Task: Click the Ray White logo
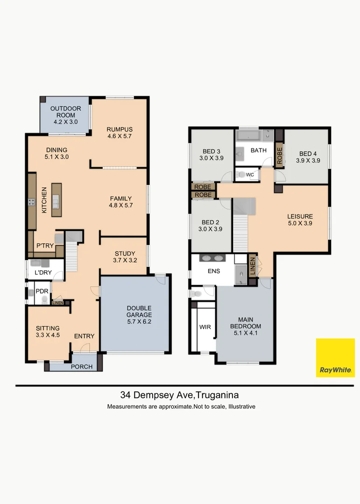pos(335,357)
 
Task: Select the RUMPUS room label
pos(120,130)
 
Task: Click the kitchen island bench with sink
pos(56,200)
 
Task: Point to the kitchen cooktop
pos(32,202)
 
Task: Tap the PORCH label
pos(82,366)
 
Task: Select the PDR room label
pos(42,291)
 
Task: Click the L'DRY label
pos(42,272)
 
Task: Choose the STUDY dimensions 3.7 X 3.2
pos(125,261)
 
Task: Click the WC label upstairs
pos(250,175)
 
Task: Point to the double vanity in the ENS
pos(213,258)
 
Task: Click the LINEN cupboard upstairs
pos(252,265)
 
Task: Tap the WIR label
pos(205,327)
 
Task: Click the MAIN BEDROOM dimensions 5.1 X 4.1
pos(245,333)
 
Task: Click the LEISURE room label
pos(300,217)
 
